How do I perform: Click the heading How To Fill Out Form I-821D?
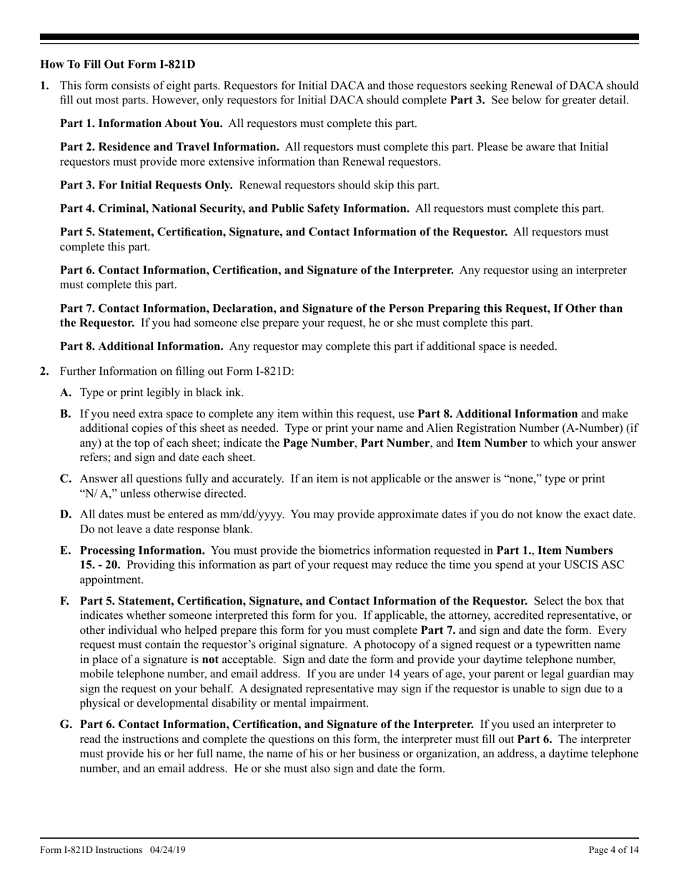point(118,64)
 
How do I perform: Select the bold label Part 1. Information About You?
point(141,123)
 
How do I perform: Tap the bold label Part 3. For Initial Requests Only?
point(146,185)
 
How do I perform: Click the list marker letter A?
point(66,393)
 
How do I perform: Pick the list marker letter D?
point(66,515)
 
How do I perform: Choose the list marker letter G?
point(66,725)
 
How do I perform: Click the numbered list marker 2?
point(45,371)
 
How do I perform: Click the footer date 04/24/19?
point(168,849)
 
